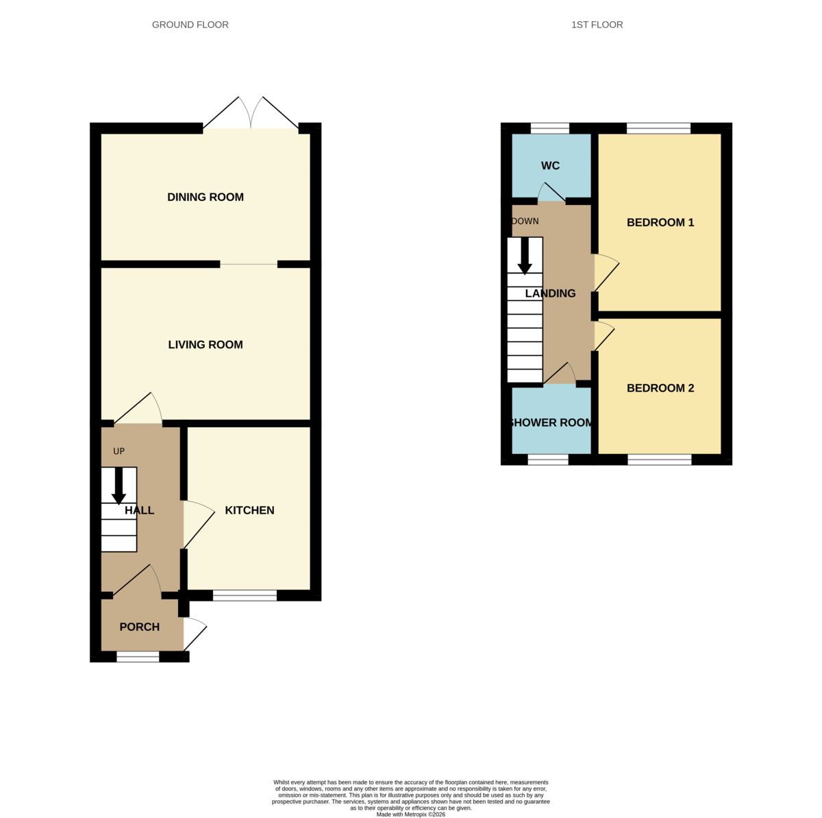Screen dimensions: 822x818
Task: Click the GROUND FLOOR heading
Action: click(190, 25)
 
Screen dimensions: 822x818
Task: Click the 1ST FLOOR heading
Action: click(597, 25)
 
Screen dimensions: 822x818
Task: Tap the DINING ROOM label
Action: click(206, 197)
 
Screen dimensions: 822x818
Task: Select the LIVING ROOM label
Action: click(206, 344)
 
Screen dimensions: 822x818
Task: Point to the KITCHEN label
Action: click(249, 510)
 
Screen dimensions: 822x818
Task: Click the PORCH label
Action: click(140, 627)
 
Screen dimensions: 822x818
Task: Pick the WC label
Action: click(550, 166)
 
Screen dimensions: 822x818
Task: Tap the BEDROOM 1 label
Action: click(660, 222)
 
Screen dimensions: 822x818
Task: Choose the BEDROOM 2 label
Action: click(660, 388)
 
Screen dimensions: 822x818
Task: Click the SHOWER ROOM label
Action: click(551, 422)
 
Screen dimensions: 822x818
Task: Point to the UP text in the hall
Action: click(119, 451)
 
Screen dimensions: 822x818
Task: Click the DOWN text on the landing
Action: click(525, 221)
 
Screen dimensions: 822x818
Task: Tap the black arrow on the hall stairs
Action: click(119, 486)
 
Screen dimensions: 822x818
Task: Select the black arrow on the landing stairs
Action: click(525, 256)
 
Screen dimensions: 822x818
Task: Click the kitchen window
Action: click(245, 595)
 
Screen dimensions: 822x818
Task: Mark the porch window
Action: click(138, 657)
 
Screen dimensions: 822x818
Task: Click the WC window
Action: click(550, 128)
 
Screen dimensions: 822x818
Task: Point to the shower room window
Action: click(548, 459)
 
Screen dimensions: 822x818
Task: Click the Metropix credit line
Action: click(410, 814)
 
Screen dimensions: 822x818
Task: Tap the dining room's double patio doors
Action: click(251, 112)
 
